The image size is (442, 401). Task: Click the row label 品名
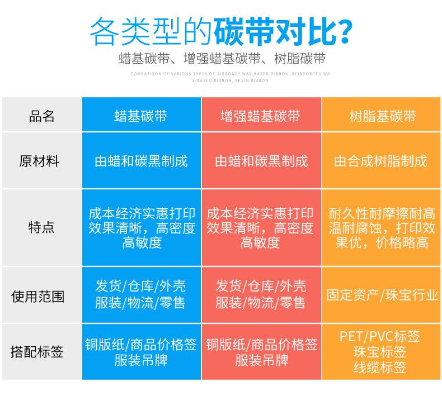pos(42,116)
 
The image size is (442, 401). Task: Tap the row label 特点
pos(41,228)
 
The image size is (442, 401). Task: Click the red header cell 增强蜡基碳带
pos(260,116)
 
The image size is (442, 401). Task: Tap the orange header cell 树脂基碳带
pos(382,116)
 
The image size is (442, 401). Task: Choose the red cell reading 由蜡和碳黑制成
pos(261,162)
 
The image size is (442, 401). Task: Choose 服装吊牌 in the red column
pos(261,360)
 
